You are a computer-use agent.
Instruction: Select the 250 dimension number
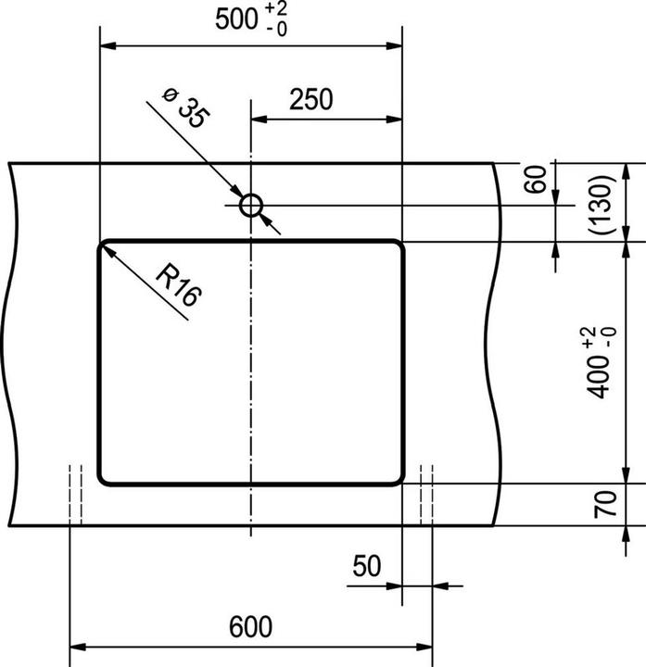tap(310, 99)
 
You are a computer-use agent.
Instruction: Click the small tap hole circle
tap(250, 205)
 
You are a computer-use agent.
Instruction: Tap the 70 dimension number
tap(604, 505)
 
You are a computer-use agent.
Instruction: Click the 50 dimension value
tap(367, 566)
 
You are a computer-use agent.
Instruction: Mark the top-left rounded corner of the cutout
tap(104, 246)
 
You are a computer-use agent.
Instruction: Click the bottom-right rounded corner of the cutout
tap(398, 478)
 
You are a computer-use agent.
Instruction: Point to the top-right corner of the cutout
tap(398, 246)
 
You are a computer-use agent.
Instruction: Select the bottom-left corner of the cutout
tap(104, 478)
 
